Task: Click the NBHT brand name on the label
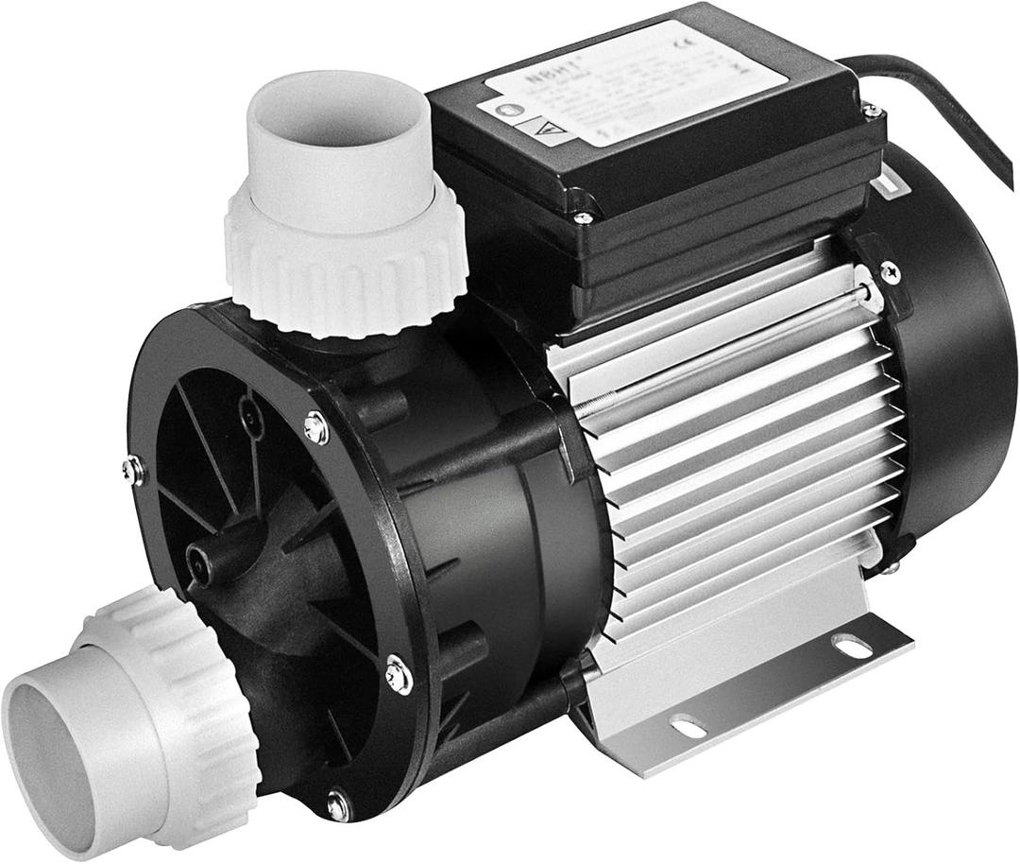coord(541,75)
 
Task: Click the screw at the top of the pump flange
coord(317,428)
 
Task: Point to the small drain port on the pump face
coord(201,564)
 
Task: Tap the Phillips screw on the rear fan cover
coord(889,272)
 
